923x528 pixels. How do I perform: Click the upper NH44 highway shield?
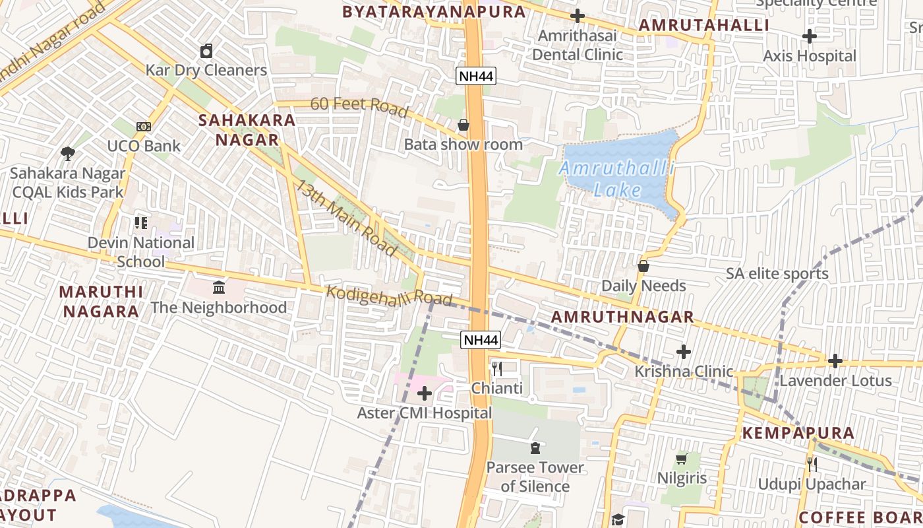(476, 76)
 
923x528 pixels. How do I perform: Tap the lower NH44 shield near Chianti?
(481, 340)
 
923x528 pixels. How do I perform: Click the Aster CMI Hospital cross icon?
(425, 394)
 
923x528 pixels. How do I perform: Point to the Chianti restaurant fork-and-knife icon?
(497, 369)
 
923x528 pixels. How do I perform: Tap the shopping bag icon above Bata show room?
(463, 125)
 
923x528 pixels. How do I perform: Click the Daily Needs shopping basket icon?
(643, 266)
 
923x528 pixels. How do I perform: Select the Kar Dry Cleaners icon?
(206, 51)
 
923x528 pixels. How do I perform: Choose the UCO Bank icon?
(144, 126)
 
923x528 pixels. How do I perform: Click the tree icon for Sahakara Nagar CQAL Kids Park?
(67, 154)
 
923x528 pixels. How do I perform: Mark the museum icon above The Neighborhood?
(219, 288)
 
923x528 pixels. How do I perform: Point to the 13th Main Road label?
(345, 218)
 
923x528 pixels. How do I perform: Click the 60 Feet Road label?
(359, 106)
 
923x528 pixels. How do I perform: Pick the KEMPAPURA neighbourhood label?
(798, 434)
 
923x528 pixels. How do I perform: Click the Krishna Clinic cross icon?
(684, 352)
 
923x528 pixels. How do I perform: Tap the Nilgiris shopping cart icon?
(682, 458)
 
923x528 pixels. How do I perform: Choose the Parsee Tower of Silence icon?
(535, 448)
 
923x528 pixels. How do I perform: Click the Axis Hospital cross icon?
(810, 36)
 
